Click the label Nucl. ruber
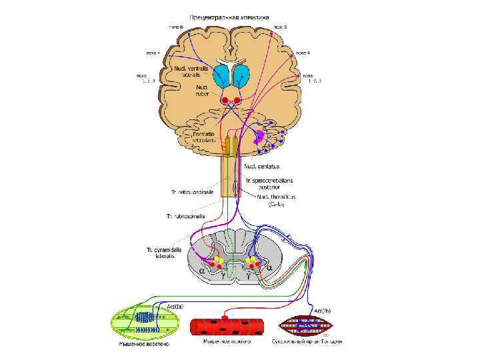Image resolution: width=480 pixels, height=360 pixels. tap(203, 91)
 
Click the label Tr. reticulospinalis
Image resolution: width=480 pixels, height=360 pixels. tap(197, 192)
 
